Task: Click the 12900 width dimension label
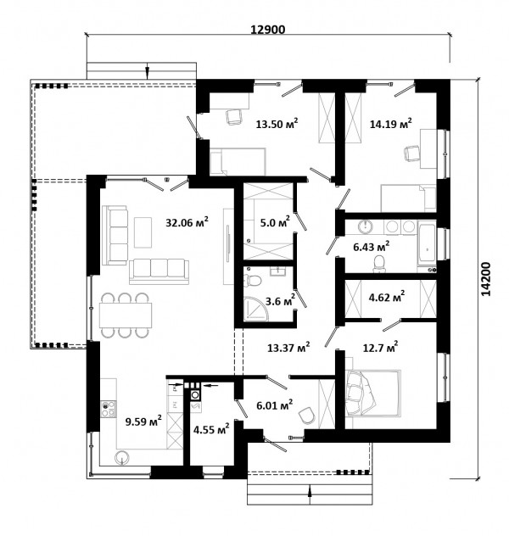point(268,30)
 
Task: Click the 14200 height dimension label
point(485,279)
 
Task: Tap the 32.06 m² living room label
point(187,222)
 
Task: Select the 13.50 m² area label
point(277,124)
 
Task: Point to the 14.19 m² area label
point(391,124)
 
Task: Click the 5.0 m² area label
point(275,222)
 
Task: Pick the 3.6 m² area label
point(280,301)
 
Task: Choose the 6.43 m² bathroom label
point(372,247)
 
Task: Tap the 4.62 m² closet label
point(387,297)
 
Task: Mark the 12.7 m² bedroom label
point(380,348)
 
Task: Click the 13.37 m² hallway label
point(288,348)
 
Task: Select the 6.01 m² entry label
point(275,405)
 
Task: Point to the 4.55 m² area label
point(211,429)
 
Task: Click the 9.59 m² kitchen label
point(143,422)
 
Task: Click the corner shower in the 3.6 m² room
point(256,309)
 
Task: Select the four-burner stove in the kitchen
point(109,409)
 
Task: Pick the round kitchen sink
point(122,457)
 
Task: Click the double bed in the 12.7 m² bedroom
point(372,394)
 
